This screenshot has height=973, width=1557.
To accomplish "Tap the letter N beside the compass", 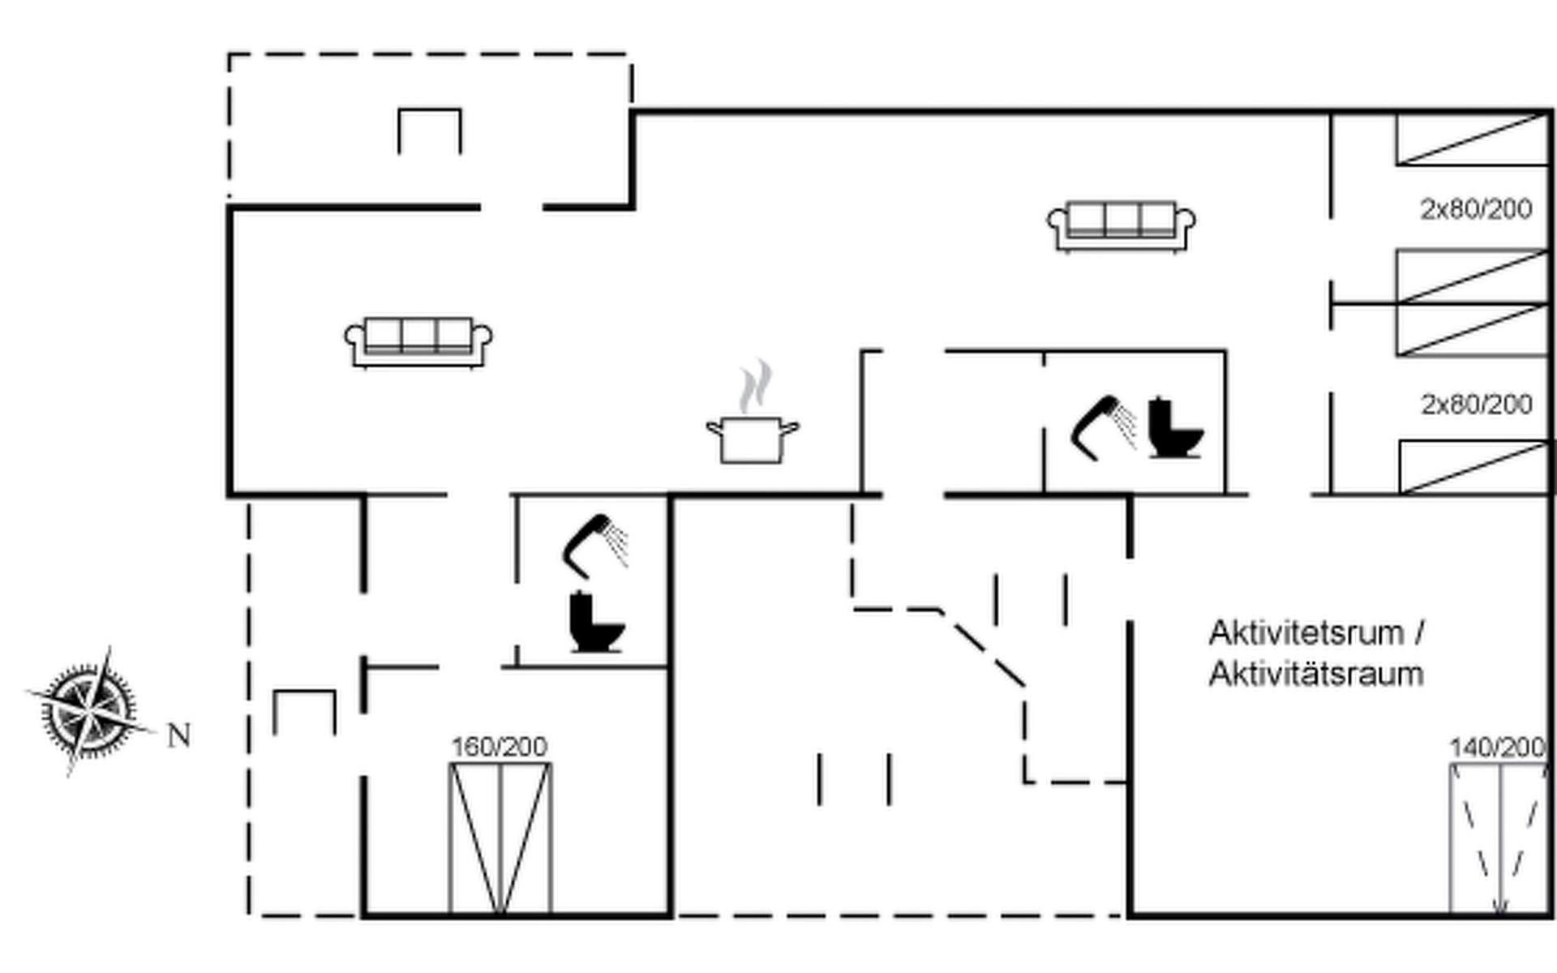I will pyautogui.click(x=179, y=736).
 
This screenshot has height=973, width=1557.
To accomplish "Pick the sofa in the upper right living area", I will pyautogui.click(x=1122, y=225).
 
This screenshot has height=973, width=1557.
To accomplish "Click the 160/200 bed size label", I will pyautogui.click(x=499, y=747).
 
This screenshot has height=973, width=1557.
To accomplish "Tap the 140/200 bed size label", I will pyautogui.click(x=1497, y=747).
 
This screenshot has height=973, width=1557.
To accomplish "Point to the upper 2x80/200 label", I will pyautogui.click(x=1476, y=209).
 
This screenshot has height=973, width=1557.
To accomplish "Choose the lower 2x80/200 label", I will pyautogui.click(x=1476, y=404).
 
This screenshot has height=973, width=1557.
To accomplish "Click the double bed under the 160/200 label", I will pyautogui.click(x=500, y=838).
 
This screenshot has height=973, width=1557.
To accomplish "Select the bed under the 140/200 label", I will pyautogui.click(x=1499, y=838).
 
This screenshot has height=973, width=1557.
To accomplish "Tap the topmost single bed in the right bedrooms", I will pyautogui.click(x=1471, y=139).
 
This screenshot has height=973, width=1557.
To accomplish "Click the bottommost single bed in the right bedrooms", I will pyautogui.click(x=1473, y=467).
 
